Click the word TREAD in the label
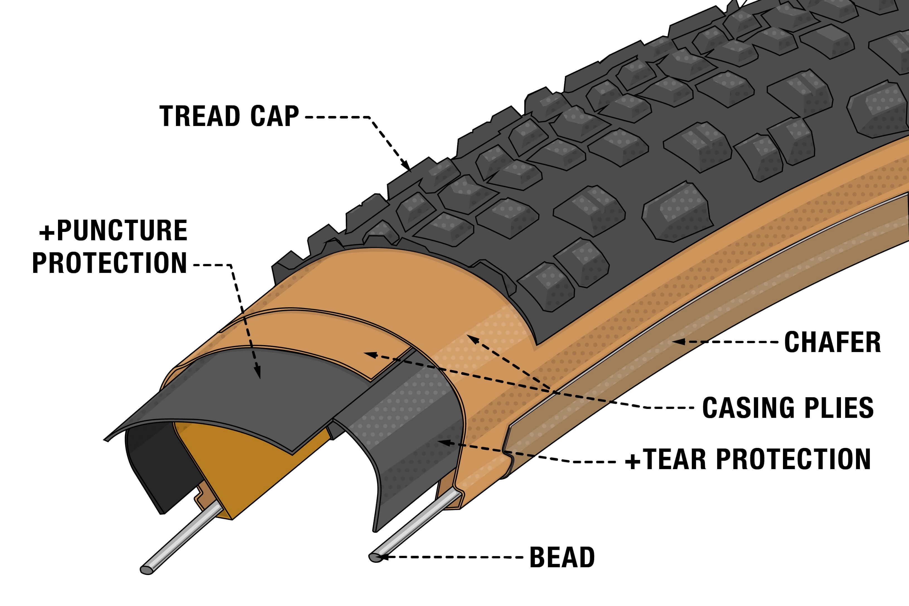[x=200, y=116]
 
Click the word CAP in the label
[x=274, y=116]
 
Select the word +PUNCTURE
[x=113, y=231]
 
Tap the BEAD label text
[x=562, y=557]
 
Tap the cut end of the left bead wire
[x=146, y=570]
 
